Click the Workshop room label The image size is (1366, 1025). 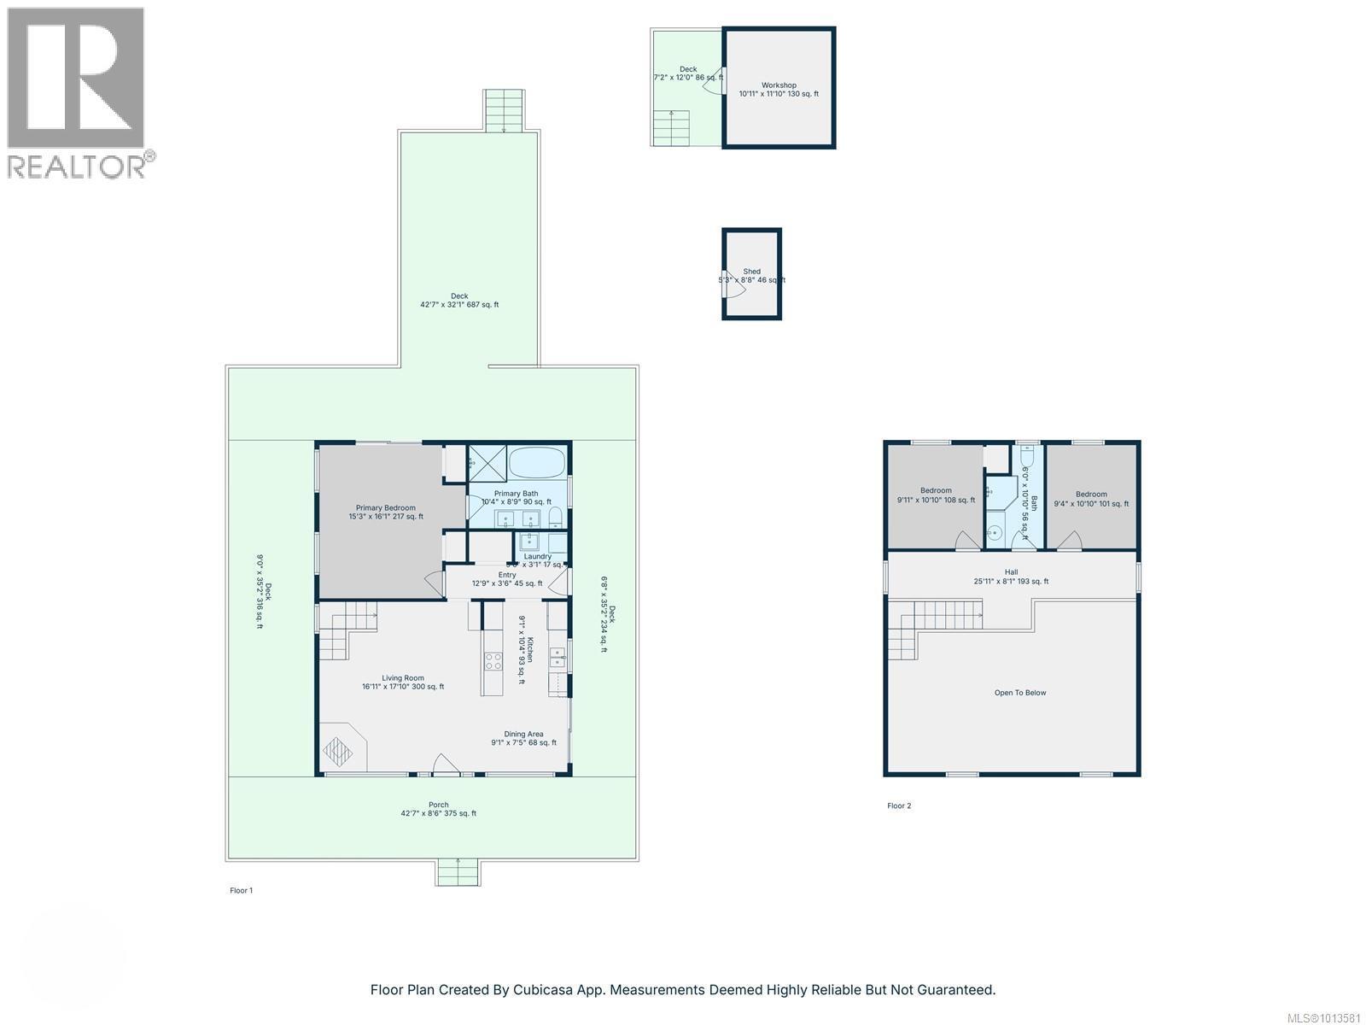(x=779, y=85)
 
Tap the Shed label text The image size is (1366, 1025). (x=751, y=272)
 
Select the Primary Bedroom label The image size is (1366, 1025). (x=385, y=508)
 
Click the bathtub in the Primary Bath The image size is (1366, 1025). (x=537, y=464)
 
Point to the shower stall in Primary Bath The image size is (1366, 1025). (x=487, y=465)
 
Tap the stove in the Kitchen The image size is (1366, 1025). (x=493, y=659)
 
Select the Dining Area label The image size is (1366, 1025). (x=523, y=734)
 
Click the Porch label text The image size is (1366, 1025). (x=438, y=805)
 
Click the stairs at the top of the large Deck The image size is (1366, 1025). (x=504, y=110)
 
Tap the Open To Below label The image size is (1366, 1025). (x=1019, y=693)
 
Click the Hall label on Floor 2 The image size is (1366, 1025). (x=1011, y=572)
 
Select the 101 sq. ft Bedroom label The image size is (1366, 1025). (x=1091, y=495)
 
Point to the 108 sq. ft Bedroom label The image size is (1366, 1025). (x=936, y=491)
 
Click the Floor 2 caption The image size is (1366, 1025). (x=899, y=805)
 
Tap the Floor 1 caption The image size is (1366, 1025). (x=241, y=890)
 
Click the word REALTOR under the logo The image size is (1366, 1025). (x=75, y=166)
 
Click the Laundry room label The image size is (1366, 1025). (x=538, y=556)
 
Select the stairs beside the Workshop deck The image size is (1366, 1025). (x=671, y=128)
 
